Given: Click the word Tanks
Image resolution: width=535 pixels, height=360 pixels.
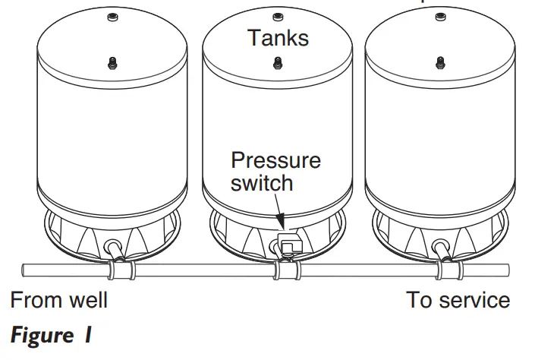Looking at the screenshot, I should click(278, 37).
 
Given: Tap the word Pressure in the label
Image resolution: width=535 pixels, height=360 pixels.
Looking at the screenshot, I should click(275, 160).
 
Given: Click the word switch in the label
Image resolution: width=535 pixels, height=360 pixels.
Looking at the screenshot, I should click(262, 182).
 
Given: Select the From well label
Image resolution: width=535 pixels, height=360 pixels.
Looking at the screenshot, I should click(59, 300).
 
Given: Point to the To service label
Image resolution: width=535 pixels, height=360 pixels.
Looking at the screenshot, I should click(458, 300).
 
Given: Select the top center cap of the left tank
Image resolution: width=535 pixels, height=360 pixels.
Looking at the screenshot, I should click(112, 17).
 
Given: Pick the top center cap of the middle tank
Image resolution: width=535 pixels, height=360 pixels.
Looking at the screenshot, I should click(277, 16).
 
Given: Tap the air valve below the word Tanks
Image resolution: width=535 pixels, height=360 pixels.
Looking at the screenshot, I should click(277, 62).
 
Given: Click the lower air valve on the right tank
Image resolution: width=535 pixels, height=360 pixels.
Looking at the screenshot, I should click(439, 62).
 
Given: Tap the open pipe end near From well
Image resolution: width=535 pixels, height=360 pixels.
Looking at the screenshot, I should click(26, 270).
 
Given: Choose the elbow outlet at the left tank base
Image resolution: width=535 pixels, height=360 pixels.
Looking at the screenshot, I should click(115, 248).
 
